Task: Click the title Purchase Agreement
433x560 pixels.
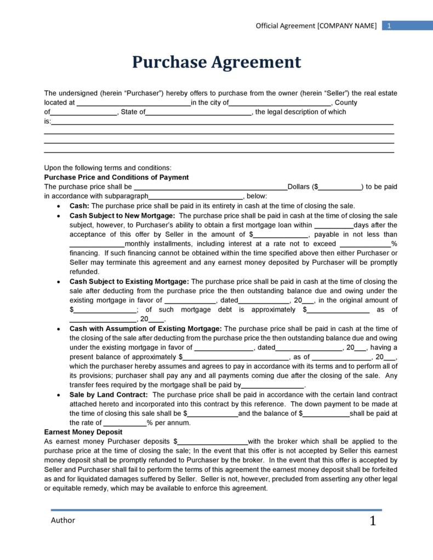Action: coord(216,62)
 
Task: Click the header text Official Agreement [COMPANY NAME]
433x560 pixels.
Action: coord(316,26)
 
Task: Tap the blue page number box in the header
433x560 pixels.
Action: coord(389,26)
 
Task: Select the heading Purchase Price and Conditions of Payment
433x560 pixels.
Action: coord(116,178)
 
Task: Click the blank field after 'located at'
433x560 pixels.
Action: coord(133,103)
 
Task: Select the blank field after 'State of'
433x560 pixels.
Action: coord(198,112)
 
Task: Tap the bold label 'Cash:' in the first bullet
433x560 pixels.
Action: coord(80,206)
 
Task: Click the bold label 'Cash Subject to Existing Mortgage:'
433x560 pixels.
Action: coord(129,282)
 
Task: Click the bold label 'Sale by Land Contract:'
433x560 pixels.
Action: coord(109,395)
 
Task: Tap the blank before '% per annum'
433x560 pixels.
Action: coord(125,423)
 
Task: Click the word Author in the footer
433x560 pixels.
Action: coord(63,520)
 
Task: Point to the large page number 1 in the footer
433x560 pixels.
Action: coord(373,521)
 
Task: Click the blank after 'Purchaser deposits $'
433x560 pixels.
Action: coord(213,441)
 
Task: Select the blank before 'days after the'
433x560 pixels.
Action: coord(335,225)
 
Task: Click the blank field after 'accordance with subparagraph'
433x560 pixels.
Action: coord(196,196)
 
